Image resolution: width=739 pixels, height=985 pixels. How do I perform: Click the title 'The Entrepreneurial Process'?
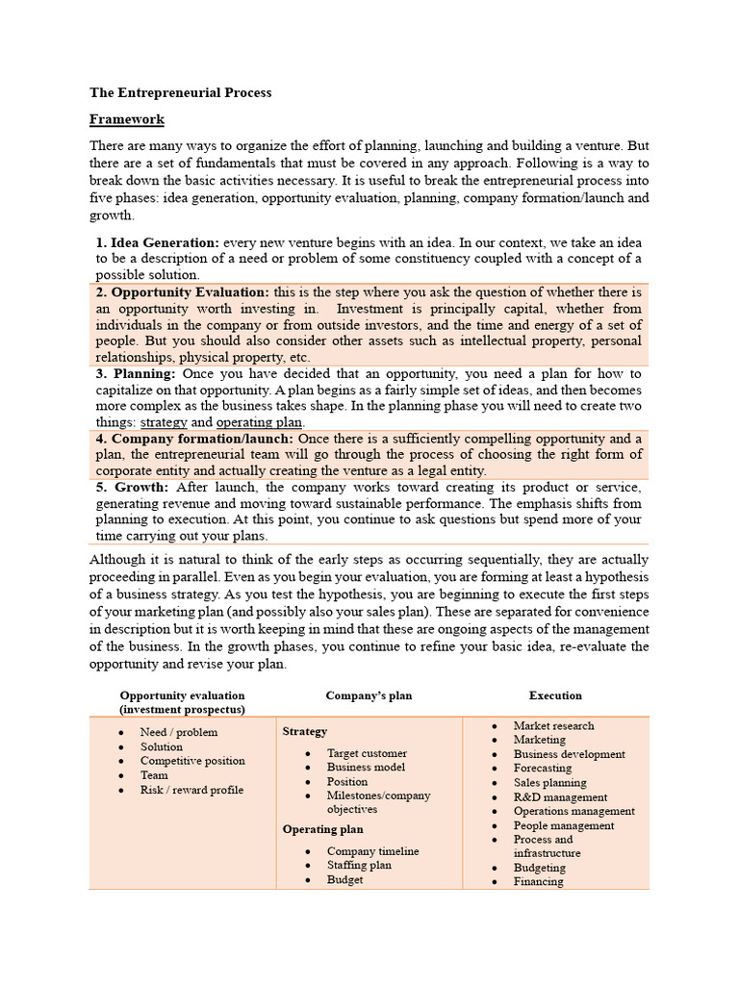pyautogui.click(x=181, y=93)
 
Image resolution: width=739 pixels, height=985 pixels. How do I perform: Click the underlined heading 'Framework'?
pyautogui.click(x=127, y=119)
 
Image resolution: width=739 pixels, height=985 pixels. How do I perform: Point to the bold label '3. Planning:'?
pyautogui.click(x=136, y=373)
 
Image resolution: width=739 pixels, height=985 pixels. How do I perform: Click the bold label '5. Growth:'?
pyautogui.click(x=133, y=488)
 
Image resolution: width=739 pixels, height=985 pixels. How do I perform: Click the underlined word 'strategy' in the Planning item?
pyautogui.click(x=165, y=422)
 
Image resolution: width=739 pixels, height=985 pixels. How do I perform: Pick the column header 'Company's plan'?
pyautogui.click(x=369, y=695)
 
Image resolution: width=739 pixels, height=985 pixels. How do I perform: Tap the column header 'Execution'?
pyautogui.click(x=555, y=695)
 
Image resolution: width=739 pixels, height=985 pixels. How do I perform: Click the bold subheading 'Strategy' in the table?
pyautogui.click(x=305, y=732)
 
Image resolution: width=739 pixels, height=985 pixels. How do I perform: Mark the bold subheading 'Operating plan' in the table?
pyautogui.click(x=322, y=829)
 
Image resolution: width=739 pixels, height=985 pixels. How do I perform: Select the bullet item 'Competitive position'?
pyautogui.click(x=192, y=761)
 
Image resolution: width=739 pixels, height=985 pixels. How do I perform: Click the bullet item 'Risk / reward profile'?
pyautogui.click(x=191, y=790)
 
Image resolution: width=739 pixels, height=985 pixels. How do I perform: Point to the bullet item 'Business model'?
pyautogui.click(x=366, y=768)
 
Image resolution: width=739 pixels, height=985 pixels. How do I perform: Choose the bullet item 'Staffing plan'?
pyautogui.click(x=359, y=866)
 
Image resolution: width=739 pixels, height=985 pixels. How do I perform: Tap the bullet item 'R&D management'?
pyautogui.click(x=560, y=797)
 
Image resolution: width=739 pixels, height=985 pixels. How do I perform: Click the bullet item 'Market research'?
pyautogui.click(x=553, y=726)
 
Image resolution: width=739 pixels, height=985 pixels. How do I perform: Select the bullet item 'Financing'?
pyautogui.click(x=539, y=881)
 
